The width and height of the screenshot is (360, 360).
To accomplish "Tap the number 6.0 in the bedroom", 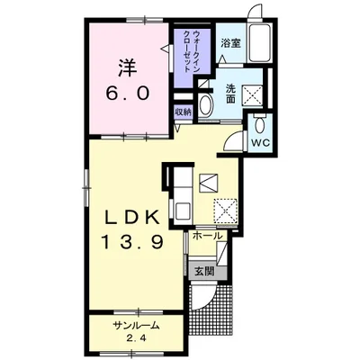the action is point(127,94).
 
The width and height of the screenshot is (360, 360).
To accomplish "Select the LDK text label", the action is point(131,218).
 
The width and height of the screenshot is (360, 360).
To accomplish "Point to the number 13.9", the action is point(132,241).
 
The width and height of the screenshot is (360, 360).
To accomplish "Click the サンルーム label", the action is point(136,326).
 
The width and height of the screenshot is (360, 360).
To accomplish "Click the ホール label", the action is point(208,236).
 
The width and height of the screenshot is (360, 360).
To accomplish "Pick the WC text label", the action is point(261,143).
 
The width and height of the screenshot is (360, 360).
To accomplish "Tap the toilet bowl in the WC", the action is point(259,124).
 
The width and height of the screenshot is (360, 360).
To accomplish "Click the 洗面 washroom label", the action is point(230,94).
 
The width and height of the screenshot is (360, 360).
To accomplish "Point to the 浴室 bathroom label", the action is point(231,44).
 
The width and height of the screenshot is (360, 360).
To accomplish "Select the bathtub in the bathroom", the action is point(260,42).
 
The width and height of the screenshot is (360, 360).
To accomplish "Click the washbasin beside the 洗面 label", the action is point(205,105).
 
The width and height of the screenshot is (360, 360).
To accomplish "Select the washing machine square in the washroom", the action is point(252,95).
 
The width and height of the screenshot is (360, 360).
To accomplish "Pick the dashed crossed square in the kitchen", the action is point(225,211).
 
